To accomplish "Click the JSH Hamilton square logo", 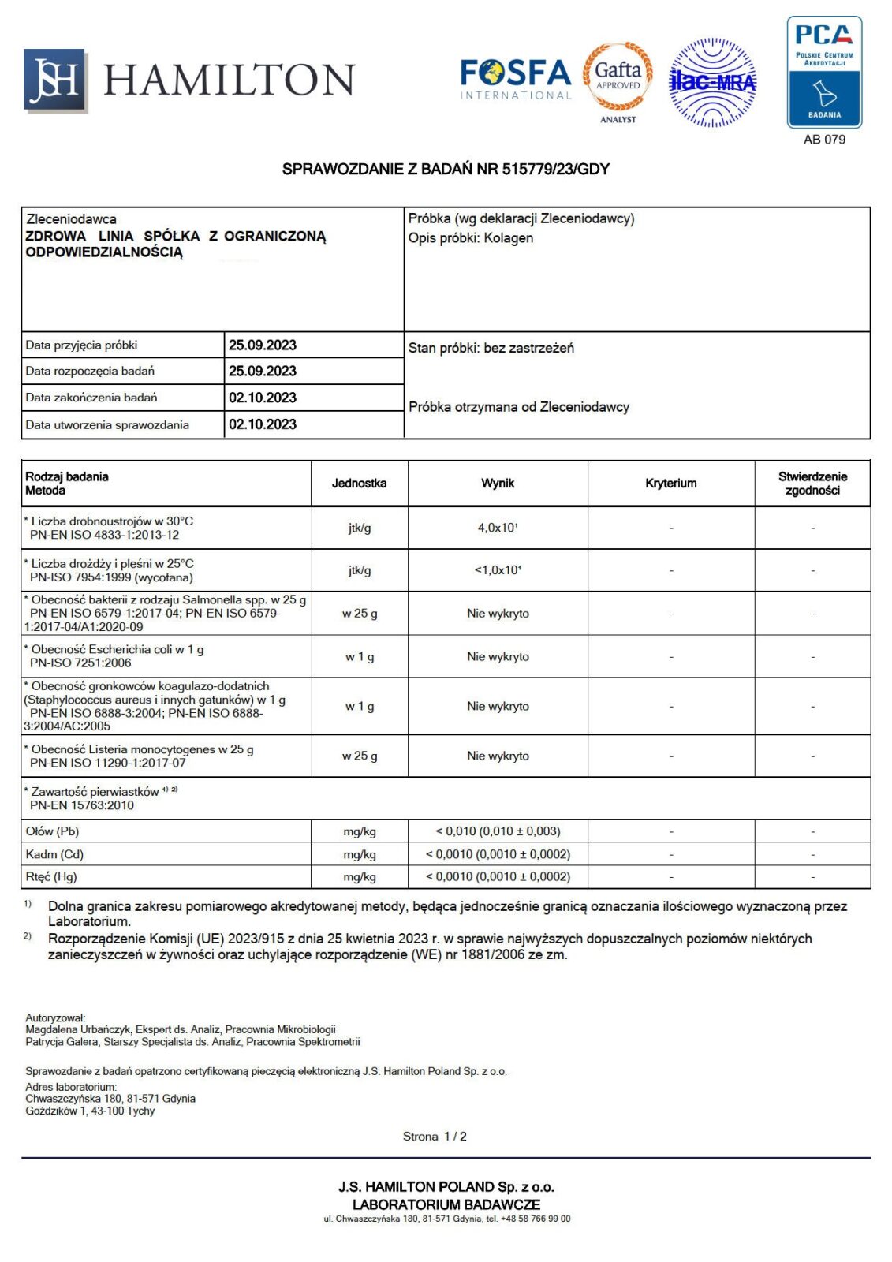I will tap(54, 80).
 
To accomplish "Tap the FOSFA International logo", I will tap(516, 79).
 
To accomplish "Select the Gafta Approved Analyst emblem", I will tap(618, 79).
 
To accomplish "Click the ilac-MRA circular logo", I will tap(712, 82).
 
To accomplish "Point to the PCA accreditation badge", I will tap(824, 73).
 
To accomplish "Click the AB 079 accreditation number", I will tap(824, 140).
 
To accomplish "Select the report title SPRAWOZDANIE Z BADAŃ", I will tap(446, 169).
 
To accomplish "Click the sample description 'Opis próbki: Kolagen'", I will tap(471, 238).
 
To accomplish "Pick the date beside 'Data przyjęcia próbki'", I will tap(263, 345).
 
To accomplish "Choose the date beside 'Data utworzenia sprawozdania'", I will tap(263, 424).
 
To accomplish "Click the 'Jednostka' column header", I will tap(359, 484).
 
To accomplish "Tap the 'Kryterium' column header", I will tap(670, 484).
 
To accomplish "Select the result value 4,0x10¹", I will tap(498, 528).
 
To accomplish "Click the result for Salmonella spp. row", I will tap(498, 614).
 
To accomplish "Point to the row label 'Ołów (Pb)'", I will tap(52, 831).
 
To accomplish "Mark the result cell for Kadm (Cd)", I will tap(498, 854).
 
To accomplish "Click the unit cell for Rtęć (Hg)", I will tap(359, 877).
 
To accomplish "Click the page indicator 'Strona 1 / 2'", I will tap(435, 1137).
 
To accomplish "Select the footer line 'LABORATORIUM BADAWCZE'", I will tap(446, 1204).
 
